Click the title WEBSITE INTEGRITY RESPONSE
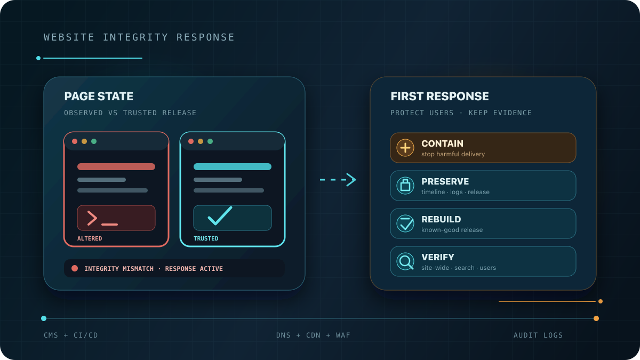coord(139,37)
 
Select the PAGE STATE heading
coord(99,97)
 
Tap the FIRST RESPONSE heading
coord(439,97)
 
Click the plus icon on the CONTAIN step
coord(405,148)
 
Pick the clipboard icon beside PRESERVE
coord(405,186)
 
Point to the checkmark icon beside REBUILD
coord(405,223)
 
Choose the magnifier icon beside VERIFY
coord(405,261)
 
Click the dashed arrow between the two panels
coord(338,180)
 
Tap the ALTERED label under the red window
coord(90,238)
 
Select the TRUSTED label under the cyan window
coord(206,238)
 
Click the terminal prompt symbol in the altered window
coord(92,218)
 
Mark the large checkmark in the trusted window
coord(220,215)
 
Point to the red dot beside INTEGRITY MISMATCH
coord(75,268)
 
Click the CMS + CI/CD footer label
coord(70,335)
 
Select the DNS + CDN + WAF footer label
coord(313,335)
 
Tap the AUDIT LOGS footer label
coord(538,335)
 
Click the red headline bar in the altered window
coord(116,166)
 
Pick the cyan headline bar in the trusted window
coord(233,166)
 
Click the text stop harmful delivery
coord(453,154)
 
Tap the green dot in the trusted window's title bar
coord(210,141)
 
